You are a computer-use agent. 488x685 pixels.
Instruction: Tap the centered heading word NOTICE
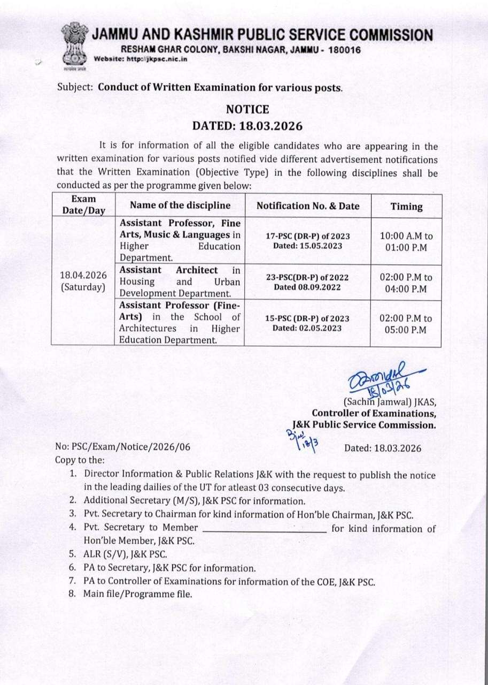tap(247, 110)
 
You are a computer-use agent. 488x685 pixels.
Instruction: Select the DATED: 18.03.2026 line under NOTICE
tap(247, 126)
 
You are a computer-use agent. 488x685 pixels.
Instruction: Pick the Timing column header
tap(406, 207)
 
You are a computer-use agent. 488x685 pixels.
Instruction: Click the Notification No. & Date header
tap(308, 206)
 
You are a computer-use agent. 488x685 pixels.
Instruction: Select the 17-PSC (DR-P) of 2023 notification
tap(307, 235)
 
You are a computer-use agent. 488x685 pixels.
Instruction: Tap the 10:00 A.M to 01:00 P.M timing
tap(406, 241)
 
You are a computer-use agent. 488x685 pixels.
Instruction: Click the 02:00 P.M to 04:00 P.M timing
tap(406, 283)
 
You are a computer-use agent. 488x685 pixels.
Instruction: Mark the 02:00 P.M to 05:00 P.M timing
tap(406, 324)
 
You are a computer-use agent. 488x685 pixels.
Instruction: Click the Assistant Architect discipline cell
tap(180, 281)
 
